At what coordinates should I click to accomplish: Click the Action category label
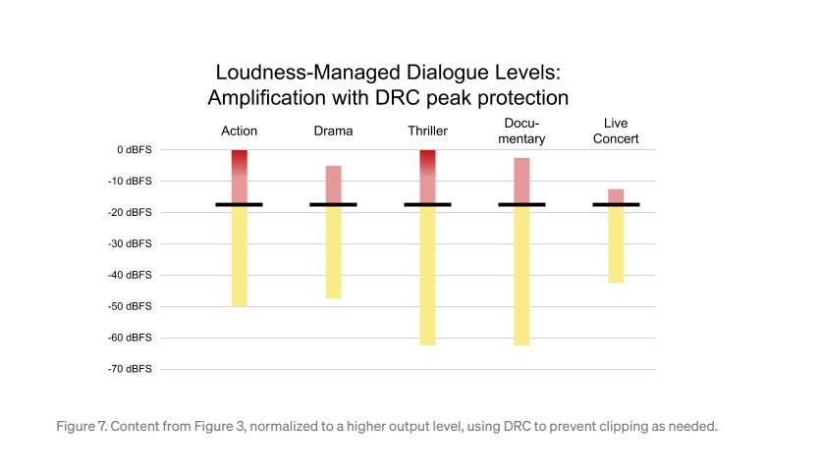(x=239, y=131)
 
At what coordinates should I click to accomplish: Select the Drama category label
(x=333, y=131)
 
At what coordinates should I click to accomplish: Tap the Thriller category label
(x=428, y=131)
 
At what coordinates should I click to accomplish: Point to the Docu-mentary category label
(x=521, y=132)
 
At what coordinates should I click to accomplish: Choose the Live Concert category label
(x=616, y=132)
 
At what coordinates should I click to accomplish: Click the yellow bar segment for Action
(x=240, y=256)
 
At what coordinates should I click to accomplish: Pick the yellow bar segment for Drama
(x=334, y=251)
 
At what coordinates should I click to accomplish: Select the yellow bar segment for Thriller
(x=428, y=276)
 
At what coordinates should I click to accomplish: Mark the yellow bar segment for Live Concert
(x=616, y=244)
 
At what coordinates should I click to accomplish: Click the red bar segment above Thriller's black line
(x=428, y=177)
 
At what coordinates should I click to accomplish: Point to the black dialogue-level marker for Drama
(x=334, y=204)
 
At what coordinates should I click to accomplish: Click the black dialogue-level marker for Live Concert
(x=616, y=204)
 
